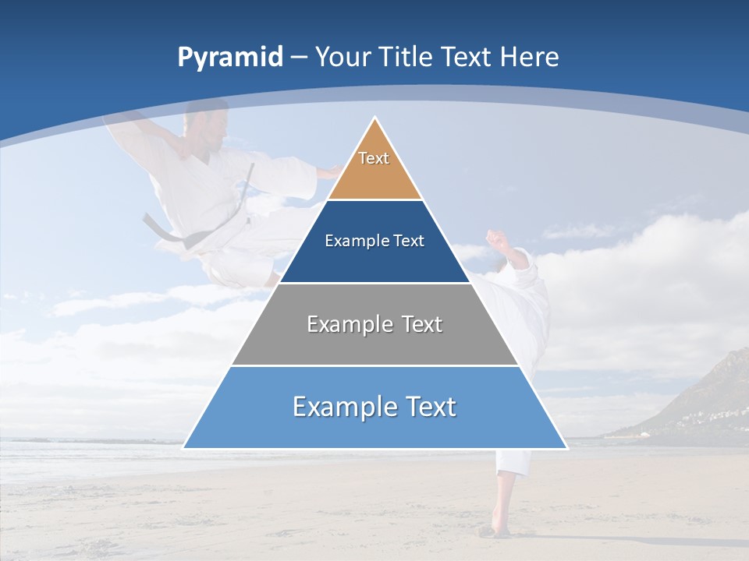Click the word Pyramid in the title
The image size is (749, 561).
[x=230, y=58]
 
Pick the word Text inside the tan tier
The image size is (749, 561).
[x=374, y=158]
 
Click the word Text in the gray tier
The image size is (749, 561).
[x=422, y=324]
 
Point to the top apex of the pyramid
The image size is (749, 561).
[x=374, y=118]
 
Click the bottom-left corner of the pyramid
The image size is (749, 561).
[x=184, y=448]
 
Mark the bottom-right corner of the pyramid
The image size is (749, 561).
[x=566, y=448]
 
